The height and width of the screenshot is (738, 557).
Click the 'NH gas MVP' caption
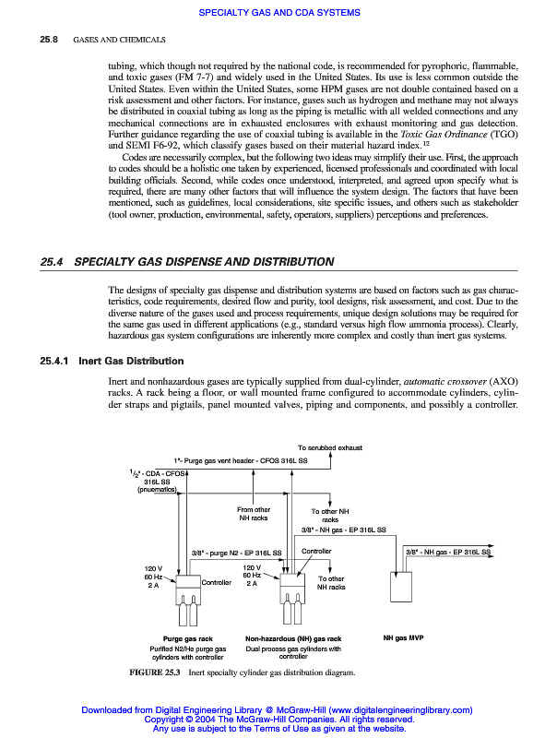(403, 637)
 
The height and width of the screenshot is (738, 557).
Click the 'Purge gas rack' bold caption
(187, 638)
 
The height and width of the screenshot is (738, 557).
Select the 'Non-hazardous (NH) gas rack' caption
(293, 638)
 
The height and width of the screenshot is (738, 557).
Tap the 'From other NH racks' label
(254, 514)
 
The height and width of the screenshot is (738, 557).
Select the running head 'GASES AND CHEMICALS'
(119, 41)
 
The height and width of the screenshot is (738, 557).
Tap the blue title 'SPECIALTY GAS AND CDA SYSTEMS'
(279, 12)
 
